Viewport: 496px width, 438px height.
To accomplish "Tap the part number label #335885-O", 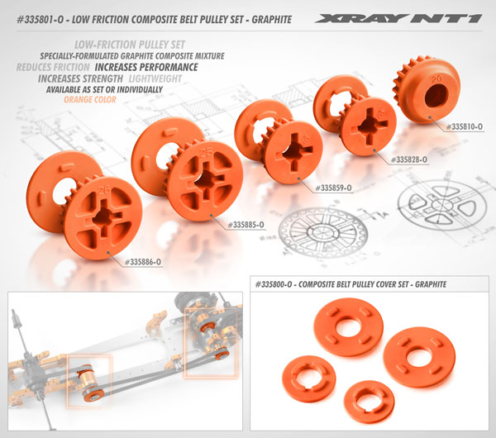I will (x=255, y=224).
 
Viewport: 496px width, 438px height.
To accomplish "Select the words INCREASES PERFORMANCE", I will (x=146, y=67).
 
